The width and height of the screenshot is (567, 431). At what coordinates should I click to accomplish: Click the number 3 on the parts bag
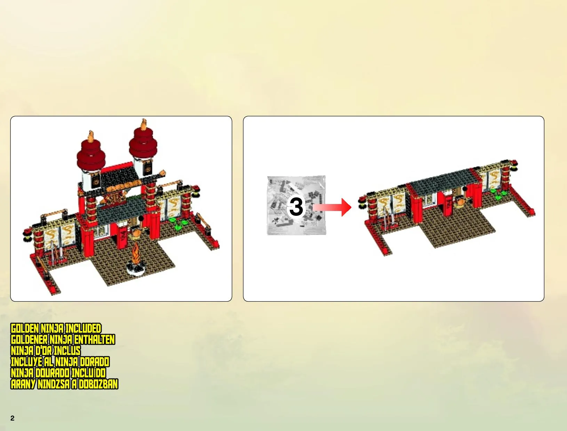(296, 206)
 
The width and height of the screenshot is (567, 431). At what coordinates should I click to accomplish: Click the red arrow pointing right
(332, 207)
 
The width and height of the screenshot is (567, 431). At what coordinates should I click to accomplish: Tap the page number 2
(13, 418)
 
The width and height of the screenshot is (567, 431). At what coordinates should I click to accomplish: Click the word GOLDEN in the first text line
(25, 328)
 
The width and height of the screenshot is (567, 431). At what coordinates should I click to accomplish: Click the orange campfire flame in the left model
(135, 253)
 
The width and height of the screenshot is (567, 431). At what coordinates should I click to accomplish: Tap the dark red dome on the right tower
(143, 143)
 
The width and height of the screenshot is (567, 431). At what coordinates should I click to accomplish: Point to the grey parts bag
(296, 205)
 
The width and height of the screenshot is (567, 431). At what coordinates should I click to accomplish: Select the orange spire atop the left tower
(91, 136)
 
